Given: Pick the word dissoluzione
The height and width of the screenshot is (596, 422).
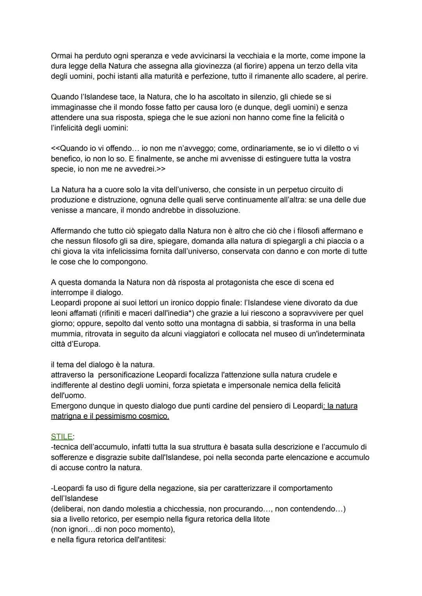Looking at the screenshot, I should click(218, 210).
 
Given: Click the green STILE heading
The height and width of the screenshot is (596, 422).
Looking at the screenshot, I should click(61, 437).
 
